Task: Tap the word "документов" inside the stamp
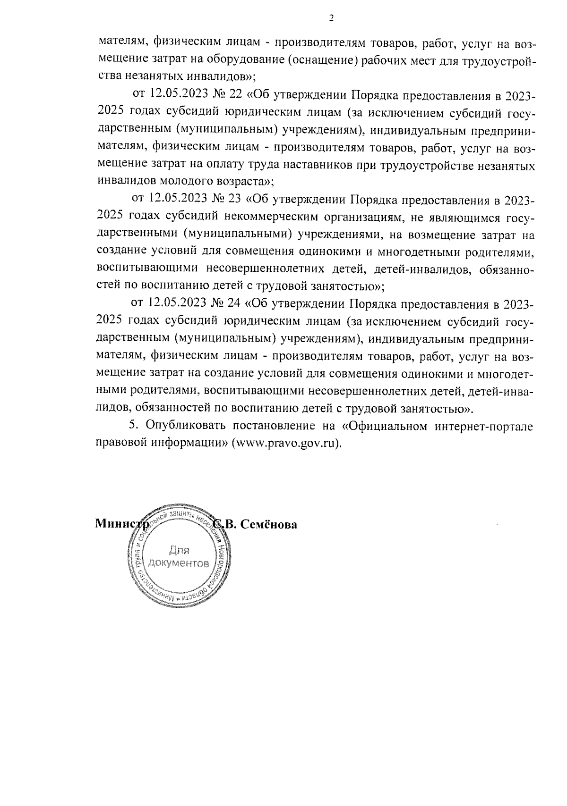pos(178,563)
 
